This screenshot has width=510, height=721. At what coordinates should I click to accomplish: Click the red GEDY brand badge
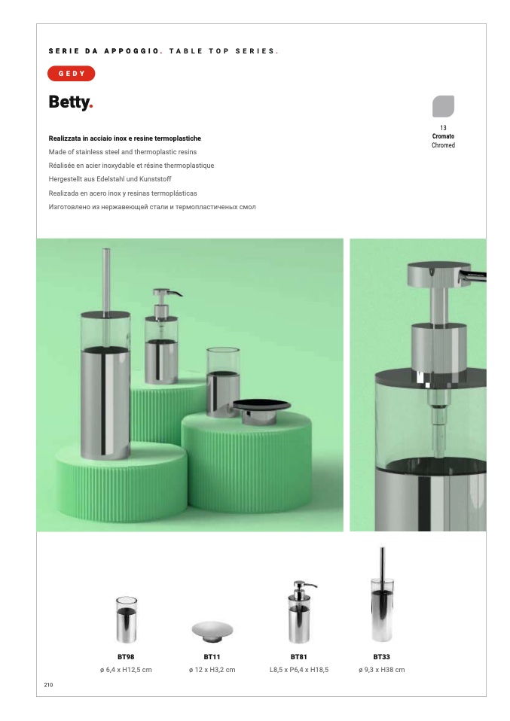click(x=72, y=74)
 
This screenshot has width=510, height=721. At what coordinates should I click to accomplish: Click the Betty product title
click(x=71, y=102)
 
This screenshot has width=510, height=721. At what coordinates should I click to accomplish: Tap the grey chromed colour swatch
click(x=443, y=106)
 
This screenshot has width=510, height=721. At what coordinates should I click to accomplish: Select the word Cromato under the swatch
click(x=443, y=136)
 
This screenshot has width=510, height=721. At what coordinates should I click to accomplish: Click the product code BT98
click(x=126, y=656)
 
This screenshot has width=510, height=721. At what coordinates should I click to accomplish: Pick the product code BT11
click(x=212, y=656)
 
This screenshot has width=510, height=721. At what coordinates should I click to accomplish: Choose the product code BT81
click(x=299, y=656)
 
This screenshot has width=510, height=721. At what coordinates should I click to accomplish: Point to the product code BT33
click(x=382, y=656)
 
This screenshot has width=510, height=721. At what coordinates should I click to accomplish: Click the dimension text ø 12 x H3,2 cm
click(x=212, y=670)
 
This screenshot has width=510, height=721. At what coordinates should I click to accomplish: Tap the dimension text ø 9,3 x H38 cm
click(x=382, y=670)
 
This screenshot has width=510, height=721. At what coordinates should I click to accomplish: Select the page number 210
click(x=48, y=685)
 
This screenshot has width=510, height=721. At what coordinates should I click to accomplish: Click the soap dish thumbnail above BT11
click(x=212, y=631)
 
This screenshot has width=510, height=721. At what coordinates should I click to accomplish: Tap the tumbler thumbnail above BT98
click(x=126, y=619)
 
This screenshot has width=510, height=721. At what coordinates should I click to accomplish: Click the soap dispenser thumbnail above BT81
click(x=300, y=612)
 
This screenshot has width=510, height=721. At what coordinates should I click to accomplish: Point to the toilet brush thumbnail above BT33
click(x=382, y=595)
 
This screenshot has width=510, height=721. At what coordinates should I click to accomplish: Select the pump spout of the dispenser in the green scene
click(x=176, y=293)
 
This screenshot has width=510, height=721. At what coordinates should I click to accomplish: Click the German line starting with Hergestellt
click(x=110, y=179)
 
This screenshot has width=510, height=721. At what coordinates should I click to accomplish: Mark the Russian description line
click(x=152, y=207)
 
